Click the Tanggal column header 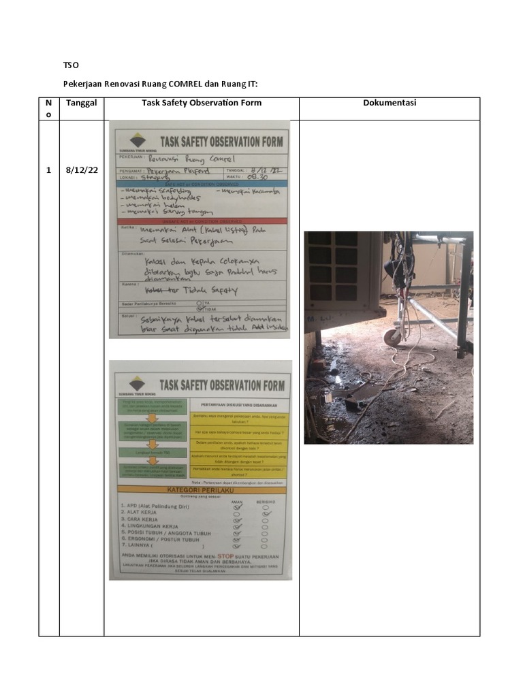pos(81,103)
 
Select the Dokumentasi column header pos(390,103)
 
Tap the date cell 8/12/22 pos(81,170)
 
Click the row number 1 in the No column pos(48,170)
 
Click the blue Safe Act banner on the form pos(202,183)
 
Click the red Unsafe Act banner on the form pos(202,221)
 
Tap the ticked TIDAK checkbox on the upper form pos(198,307)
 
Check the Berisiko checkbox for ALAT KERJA pos(267,514)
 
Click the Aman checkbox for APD pos(238,506)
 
